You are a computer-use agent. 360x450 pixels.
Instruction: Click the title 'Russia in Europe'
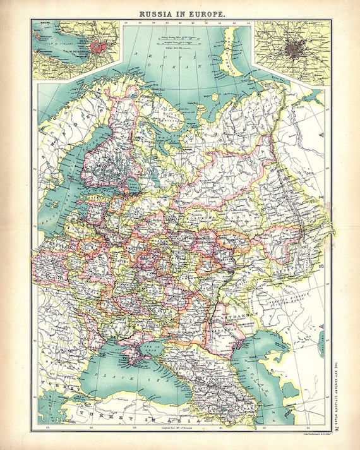[180, 11]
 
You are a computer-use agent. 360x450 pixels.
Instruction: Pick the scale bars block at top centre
[180, 39]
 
